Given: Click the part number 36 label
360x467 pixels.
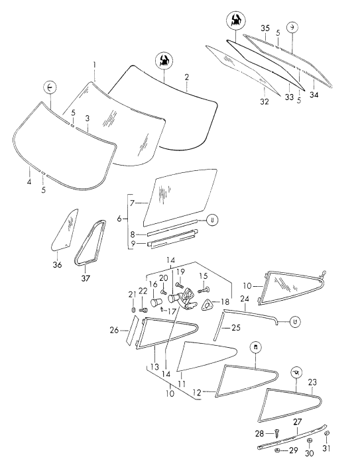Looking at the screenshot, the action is pos(57,264).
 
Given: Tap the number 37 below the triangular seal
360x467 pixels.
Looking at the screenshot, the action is pos(86,278).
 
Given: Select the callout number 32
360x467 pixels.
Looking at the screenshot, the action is pos(265,101).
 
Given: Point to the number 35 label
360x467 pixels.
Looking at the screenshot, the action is pos(265,28).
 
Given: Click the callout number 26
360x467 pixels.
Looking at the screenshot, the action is pos(115,330).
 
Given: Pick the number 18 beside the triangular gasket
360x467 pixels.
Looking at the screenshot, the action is pos(225,302).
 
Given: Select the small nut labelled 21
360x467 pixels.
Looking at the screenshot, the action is pos(133,310).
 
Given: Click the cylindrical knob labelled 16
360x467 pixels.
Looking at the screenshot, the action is pos(154,302).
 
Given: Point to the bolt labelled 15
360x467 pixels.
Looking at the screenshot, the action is pos(204,289).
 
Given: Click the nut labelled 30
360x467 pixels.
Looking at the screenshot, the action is pos(310,441).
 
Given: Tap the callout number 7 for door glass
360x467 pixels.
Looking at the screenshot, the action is pos(133,203).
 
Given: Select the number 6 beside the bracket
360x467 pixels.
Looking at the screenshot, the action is pos(119,219).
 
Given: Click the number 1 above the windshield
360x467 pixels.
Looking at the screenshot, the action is pos(94,65).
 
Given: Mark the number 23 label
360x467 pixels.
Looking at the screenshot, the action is pos(312,382).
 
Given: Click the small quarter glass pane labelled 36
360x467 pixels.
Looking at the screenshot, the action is pos(65,229).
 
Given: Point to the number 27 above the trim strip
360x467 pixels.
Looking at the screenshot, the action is pos(298,422).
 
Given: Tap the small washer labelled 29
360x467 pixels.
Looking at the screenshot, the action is pos(276,450).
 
